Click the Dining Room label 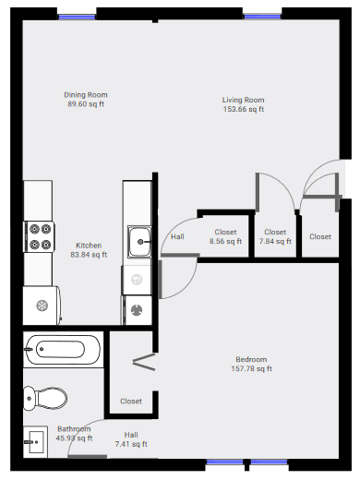(x=86, y=100)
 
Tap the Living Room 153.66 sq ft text (x=244, y=104)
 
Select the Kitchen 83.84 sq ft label (x=89, y=250)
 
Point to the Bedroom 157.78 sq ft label (x=251, y=364)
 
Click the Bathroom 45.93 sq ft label (x=74, y=433)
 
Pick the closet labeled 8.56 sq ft (x=225, y=236)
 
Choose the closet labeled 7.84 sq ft (x=275, y=236)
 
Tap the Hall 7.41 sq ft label (x=131, y=439)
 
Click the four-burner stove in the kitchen (x=40, y=236)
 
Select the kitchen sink (x=139, y=242)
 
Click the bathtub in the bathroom (x=63, y=350)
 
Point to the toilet (x=45, y=398)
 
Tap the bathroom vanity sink (x=35, y=442)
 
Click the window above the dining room (x=77, y=17)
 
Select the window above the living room (x=262, y=17)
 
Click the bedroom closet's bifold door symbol (x=144, y=362)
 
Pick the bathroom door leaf (x=88, y=457)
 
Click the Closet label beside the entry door (x=320, y=236)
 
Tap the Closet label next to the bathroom (x=131, y=401)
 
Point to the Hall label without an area (x=177, y=236)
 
